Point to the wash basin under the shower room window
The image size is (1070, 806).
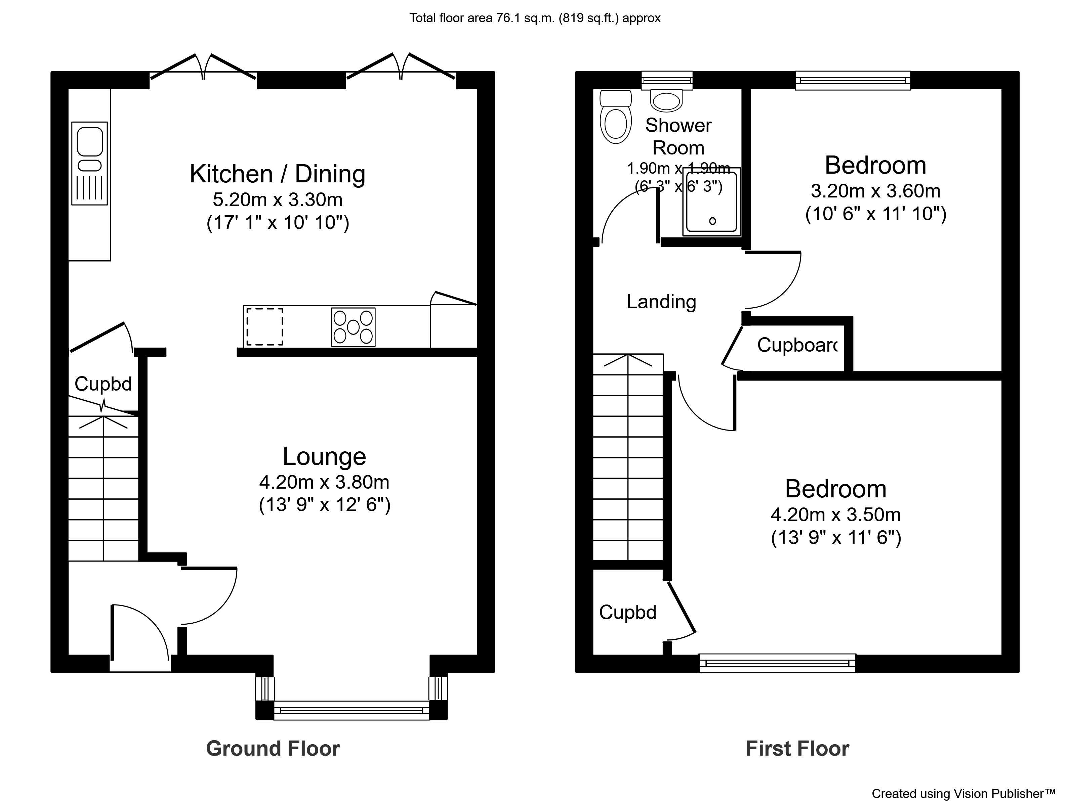[667, 100]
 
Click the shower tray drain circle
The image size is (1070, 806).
[712, 221]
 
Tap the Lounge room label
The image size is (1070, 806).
[324, 456]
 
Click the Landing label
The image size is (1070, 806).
[661, 302]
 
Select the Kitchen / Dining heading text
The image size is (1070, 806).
[277, 174]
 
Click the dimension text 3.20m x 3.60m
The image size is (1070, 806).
[875, 191]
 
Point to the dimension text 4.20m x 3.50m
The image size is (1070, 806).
[835, 514]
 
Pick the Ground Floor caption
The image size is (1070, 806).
[273, 749]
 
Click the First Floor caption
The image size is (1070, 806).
[797, 749]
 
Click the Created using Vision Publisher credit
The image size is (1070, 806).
[962, 794]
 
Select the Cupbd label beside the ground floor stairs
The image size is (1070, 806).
[103, 384]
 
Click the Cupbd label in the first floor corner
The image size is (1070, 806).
[627, 612]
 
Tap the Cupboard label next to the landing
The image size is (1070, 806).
[797, 345]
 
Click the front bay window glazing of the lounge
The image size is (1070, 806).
[351, 710]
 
